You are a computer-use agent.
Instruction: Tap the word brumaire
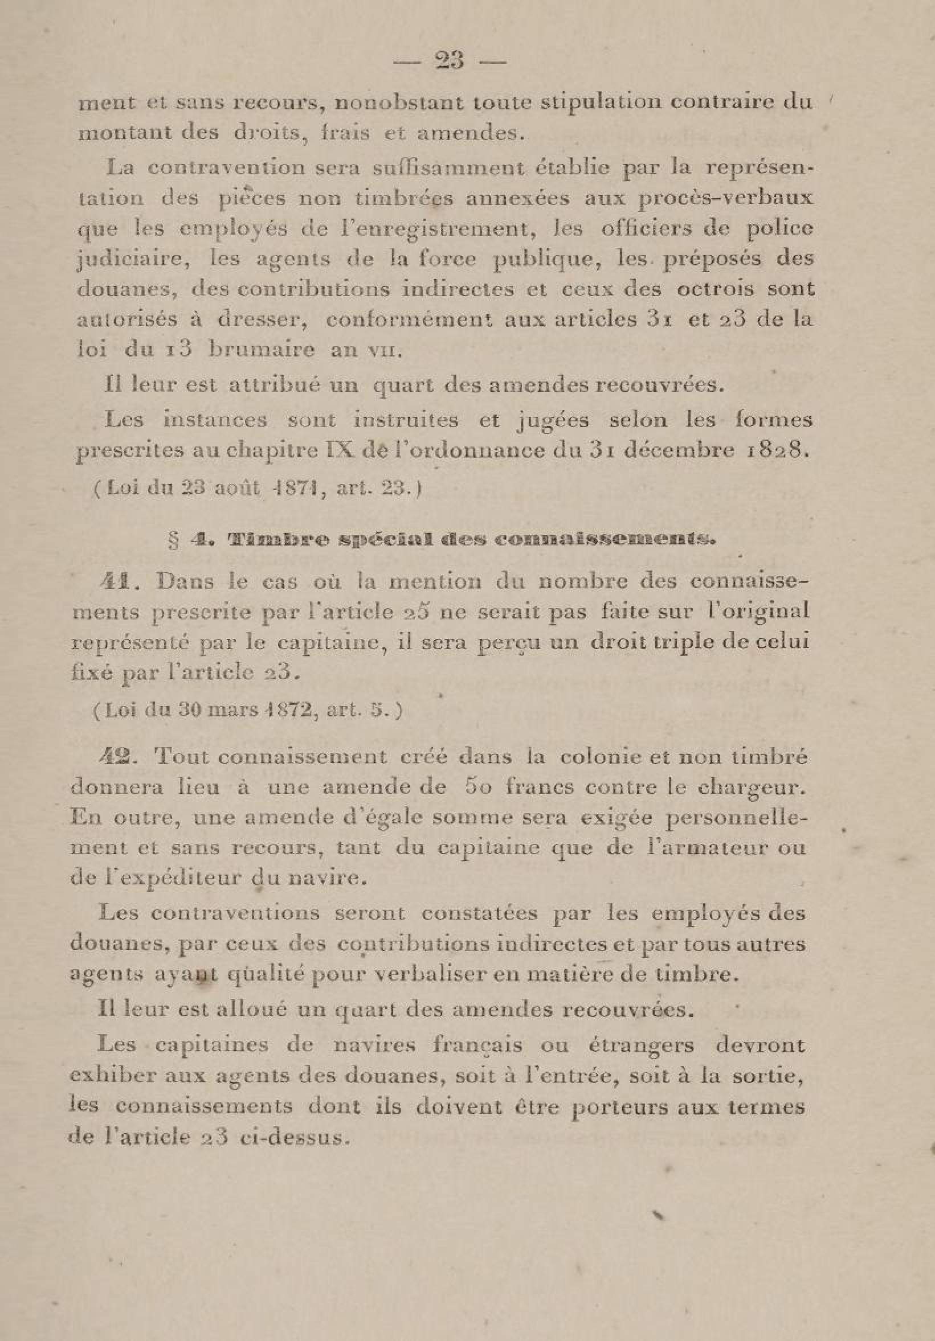point(262,350)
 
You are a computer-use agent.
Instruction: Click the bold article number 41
point(119,583)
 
